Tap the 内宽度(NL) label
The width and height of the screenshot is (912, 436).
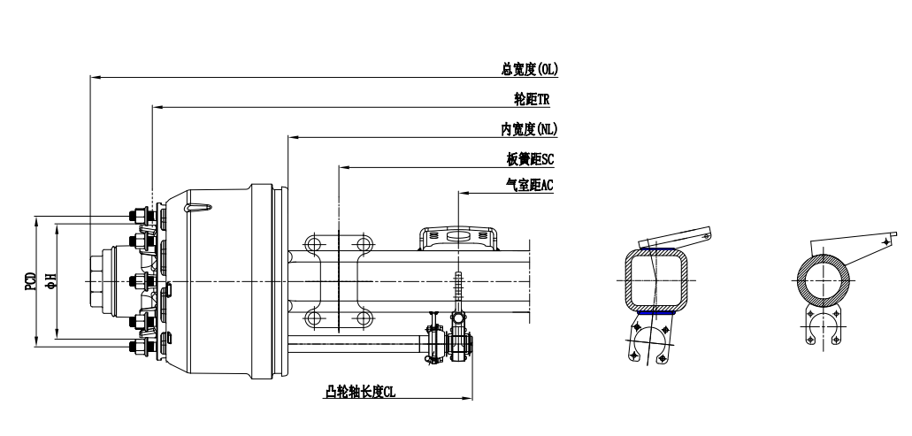[528, 129]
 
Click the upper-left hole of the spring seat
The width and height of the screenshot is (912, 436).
[311, 243]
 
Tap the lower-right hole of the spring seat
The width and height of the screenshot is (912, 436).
[363, 318]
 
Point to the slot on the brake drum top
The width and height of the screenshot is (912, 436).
[200, 209]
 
